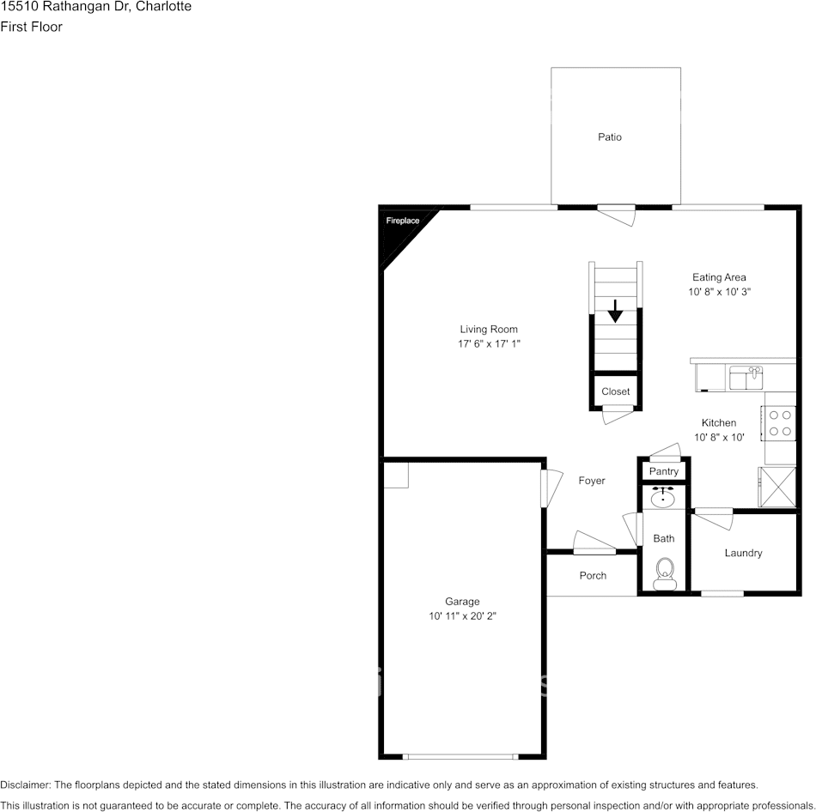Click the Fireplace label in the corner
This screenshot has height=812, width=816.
(402, 221)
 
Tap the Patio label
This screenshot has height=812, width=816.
(610, 137)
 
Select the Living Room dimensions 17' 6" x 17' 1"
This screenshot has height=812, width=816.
(489, 344)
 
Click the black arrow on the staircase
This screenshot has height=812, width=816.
(615, 311)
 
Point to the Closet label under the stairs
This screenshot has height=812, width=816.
(615, 391)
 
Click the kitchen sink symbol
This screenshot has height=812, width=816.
(746, 377)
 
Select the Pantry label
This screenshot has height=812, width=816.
(663, 471)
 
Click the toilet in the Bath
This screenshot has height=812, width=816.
(664, 573)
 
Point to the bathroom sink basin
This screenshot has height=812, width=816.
(663, 497)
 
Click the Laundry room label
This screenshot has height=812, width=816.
(743, 554)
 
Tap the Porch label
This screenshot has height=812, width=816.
(593, 576)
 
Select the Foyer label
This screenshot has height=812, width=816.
(591, 482)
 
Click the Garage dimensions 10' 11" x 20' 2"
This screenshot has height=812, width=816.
(462, 616)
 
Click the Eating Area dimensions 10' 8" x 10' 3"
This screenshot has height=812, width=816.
(719, 293)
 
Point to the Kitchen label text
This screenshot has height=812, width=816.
(718, 423)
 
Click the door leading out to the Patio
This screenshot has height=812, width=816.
(617, 213)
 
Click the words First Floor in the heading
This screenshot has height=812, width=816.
(31, 27)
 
